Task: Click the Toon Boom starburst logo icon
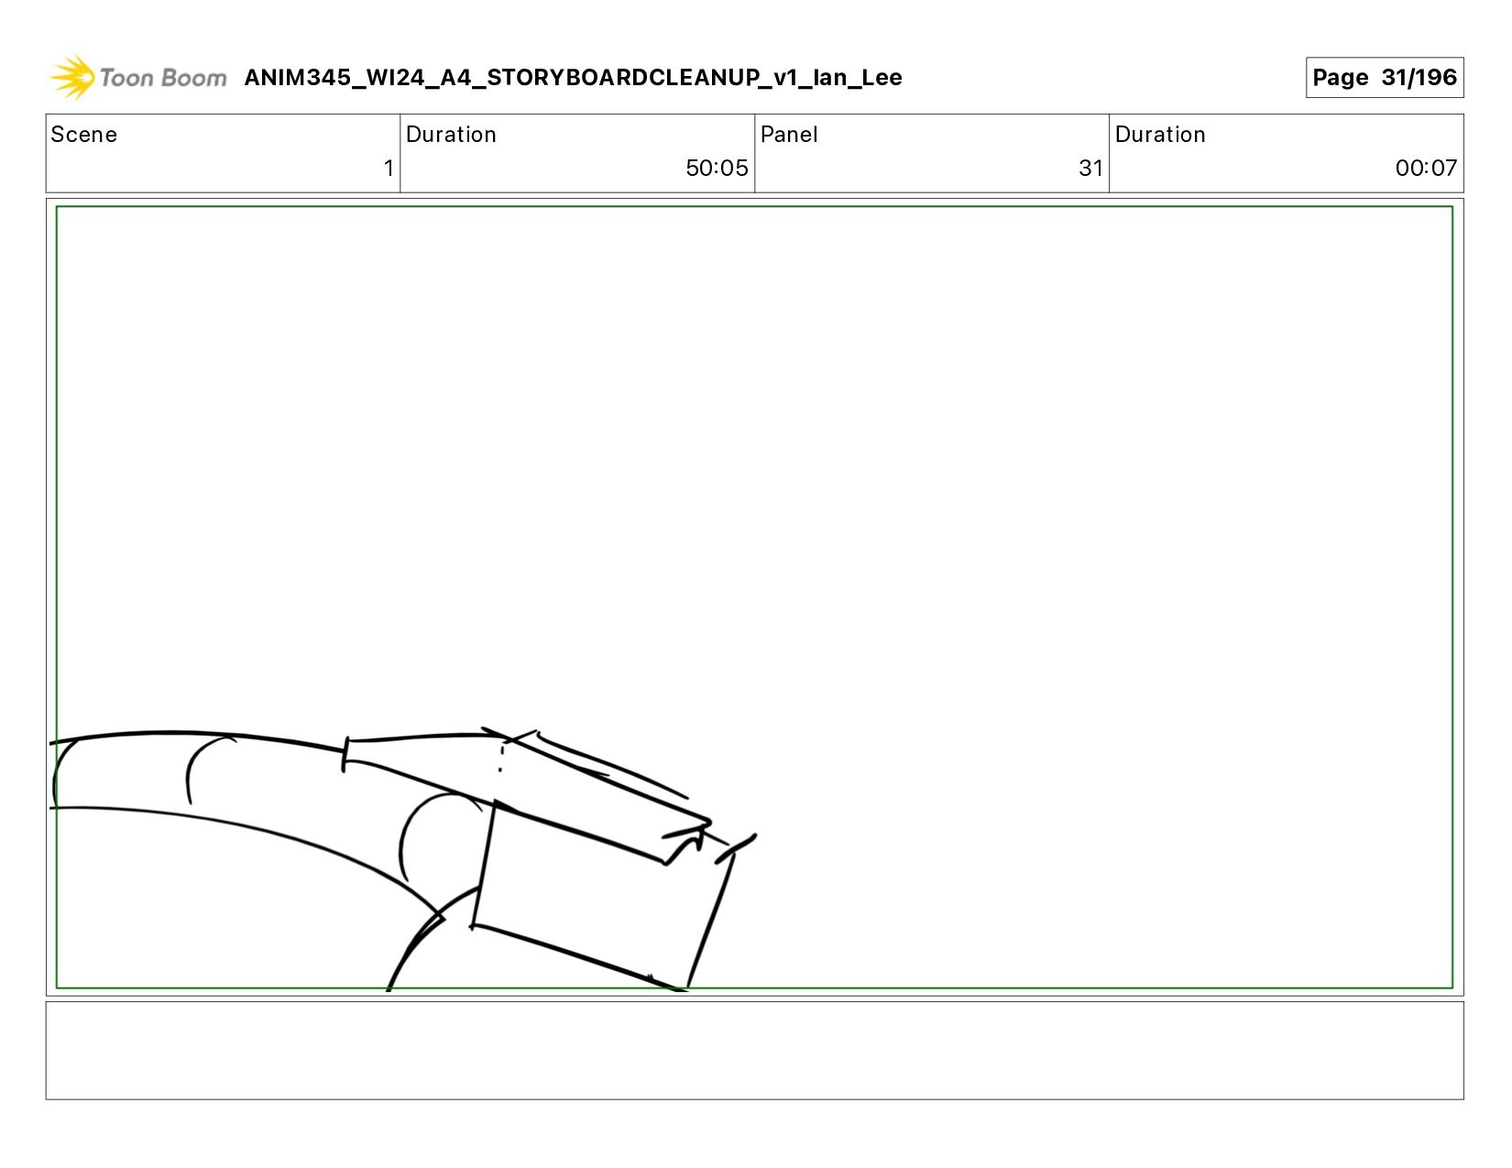[72, 77]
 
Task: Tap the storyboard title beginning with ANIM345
[573, 77]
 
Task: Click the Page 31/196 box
[1384, 77]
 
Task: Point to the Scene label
[83, 135]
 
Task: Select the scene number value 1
[389, 168]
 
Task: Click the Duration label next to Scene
[451, 135]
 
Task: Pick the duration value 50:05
[717, 168]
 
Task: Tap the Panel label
[789, 135]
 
